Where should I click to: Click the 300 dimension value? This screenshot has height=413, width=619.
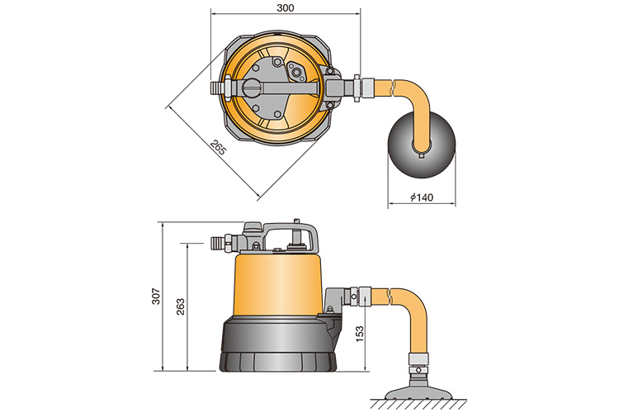point(285,7)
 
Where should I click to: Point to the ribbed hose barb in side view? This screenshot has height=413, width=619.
point(218,244)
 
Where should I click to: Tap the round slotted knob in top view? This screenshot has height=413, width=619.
point(252,88)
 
